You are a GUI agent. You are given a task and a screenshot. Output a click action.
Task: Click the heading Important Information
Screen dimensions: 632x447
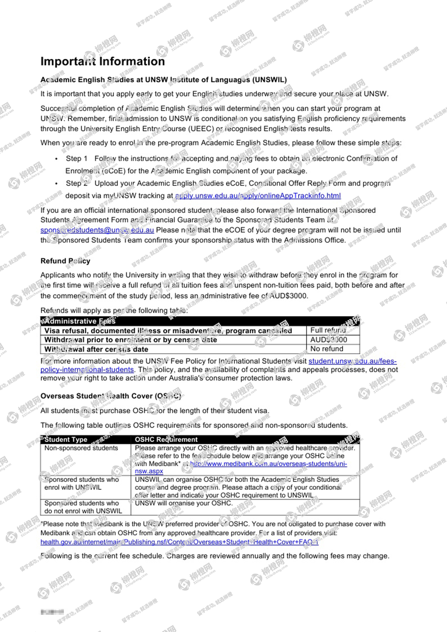[102, 61]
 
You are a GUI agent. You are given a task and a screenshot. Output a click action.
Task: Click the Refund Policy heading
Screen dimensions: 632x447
[65, 261]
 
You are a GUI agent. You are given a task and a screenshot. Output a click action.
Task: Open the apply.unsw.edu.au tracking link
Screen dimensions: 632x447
[258, 196]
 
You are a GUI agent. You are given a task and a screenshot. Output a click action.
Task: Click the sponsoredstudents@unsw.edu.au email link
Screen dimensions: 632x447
[97, 230]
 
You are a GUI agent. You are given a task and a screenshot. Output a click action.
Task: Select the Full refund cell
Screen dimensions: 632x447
[328, 330]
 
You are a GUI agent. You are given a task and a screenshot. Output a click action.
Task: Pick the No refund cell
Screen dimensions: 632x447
[327, 349]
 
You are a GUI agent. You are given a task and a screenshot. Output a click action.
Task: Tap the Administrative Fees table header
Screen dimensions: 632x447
[80, 321]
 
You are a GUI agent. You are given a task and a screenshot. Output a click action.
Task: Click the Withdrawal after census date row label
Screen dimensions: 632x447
[96, 349]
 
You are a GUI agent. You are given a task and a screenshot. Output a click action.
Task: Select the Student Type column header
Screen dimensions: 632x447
[66, 440]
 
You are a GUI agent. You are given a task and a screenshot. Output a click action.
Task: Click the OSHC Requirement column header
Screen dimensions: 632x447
[166, 440]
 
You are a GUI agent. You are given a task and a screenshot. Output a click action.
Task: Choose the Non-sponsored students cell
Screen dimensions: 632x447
[81, 448]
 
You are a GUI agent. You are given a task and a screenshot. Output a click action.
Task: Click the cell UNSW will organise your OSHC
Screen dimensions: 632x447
[184, 503]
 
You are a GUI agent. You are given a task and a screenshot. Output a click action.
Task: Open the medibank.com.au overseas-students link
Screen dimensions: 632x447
[268, 464]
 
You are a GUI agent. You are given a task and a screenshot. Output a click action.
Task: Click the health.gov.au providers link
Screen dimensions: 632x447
[179, 542]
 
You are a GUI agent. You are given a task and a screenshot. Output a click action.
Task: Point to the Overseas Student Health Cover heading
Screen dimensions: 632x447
[110, 396]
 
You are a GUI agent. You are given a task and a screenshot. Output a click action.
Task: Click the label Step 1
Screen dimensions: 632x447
[77, 159]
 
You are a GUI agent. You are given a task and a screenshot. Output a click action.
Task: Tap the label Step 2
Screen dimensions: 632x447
[77, 184]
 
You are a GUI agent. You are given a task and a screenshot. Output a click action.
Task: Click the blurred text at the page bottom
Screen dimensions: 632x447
[52, 612]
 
